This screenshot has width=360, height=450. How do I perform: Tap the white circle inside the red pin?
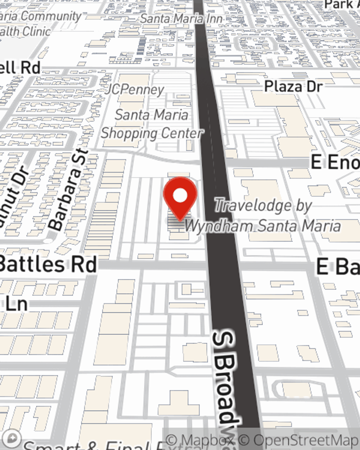pyautogui.click(x=180, y=196)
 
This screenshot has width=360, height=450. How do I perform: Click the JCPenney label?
pyautogui.click(x=135, y=89)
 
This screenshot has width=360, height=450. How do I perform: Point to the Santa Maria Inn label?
pyautogui.click(x=181, y=18)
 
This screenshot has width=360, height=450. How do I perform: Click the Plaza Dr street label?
pyautogui.click(x=293, y=86)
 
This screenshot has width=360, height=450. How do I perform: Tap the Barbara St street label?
pyautogui.click(x=68, y=190)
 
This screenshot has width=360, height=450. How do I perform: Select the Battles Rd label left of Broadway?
pyautogui.click(x=49, y=265)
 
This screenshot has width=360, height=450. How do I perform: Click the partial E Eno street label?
pyautogui.click(x=335, y=163)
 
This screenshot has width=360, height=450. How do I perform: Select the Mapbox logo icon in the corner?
pyautogui.click(x=12, y=438)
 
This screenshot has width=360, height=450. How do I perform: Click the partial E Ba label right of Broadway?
pyautogui.click(x=338, y=267)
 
